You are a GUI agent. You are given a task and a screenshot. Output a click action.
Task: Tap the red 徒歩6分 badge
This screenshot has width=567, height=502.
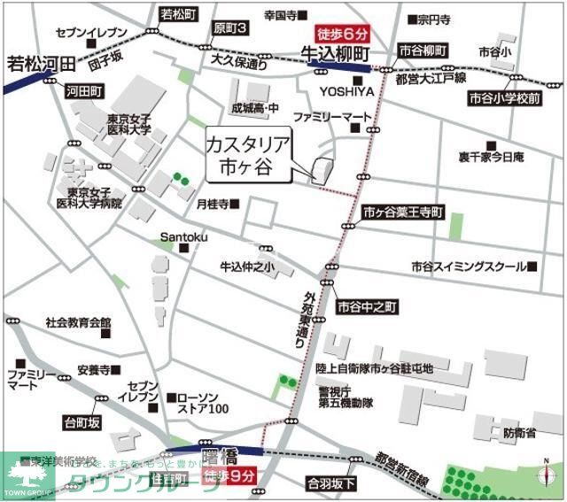(341, 35)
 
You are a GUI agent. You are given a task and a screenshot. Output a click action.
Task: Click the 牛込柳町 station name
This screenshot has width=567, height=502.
(336, 53)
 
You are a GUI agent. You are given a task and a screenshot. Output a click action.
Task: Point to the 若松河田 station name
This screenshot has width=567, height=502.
(38, 65)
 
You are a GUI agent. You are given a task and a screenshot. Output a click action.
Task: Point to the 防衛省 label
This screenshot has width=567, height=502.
(518, 433)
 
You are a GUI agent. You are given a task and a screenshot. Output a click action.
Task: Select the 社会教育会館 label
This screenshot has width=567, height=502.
(78, 322)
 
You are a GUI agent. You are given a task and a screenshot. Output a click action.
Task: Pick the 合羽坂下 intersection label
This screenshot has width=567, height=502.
(332, 483)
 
